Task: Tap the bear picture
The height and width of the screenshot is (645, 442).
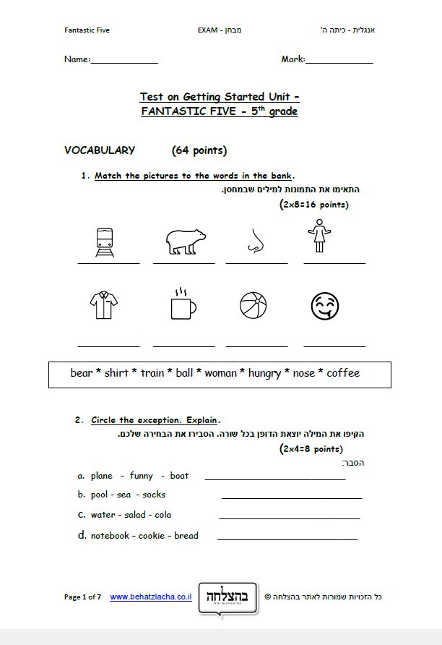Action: tap(185, 242)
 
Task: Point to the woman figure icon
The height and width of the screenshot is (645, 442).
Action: tap(318, 236)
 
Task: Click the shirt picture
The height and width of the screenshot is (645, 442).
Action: tap(104, 305)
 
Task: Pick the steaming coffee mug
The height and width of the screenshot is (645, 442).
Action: tap(183, 304)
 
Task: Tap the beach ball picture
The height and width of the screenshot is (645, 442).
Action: tap(253, 305)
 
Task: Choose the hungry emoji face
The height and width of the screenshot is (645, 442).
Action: tap(325, 306)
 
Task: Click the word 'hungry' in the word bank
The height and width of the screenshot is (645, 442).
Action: tap(264, 373)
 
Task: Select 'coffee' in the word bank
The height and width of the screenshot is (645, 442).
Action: tap(343, 373)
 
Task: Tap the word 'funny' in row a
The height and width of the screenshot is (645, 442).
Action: tap(142, 476)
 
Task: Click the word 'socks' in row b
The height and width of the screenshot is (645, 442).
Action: tap(154, 495)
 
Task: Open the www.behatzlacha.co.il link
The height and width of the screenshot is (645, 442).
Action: tap(150, 597)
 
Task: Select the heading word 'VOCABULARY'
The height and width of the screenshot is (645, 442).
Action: tap(100, 150)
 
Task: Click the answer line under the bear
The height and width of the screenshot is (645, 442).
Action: tap(183, 263)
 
